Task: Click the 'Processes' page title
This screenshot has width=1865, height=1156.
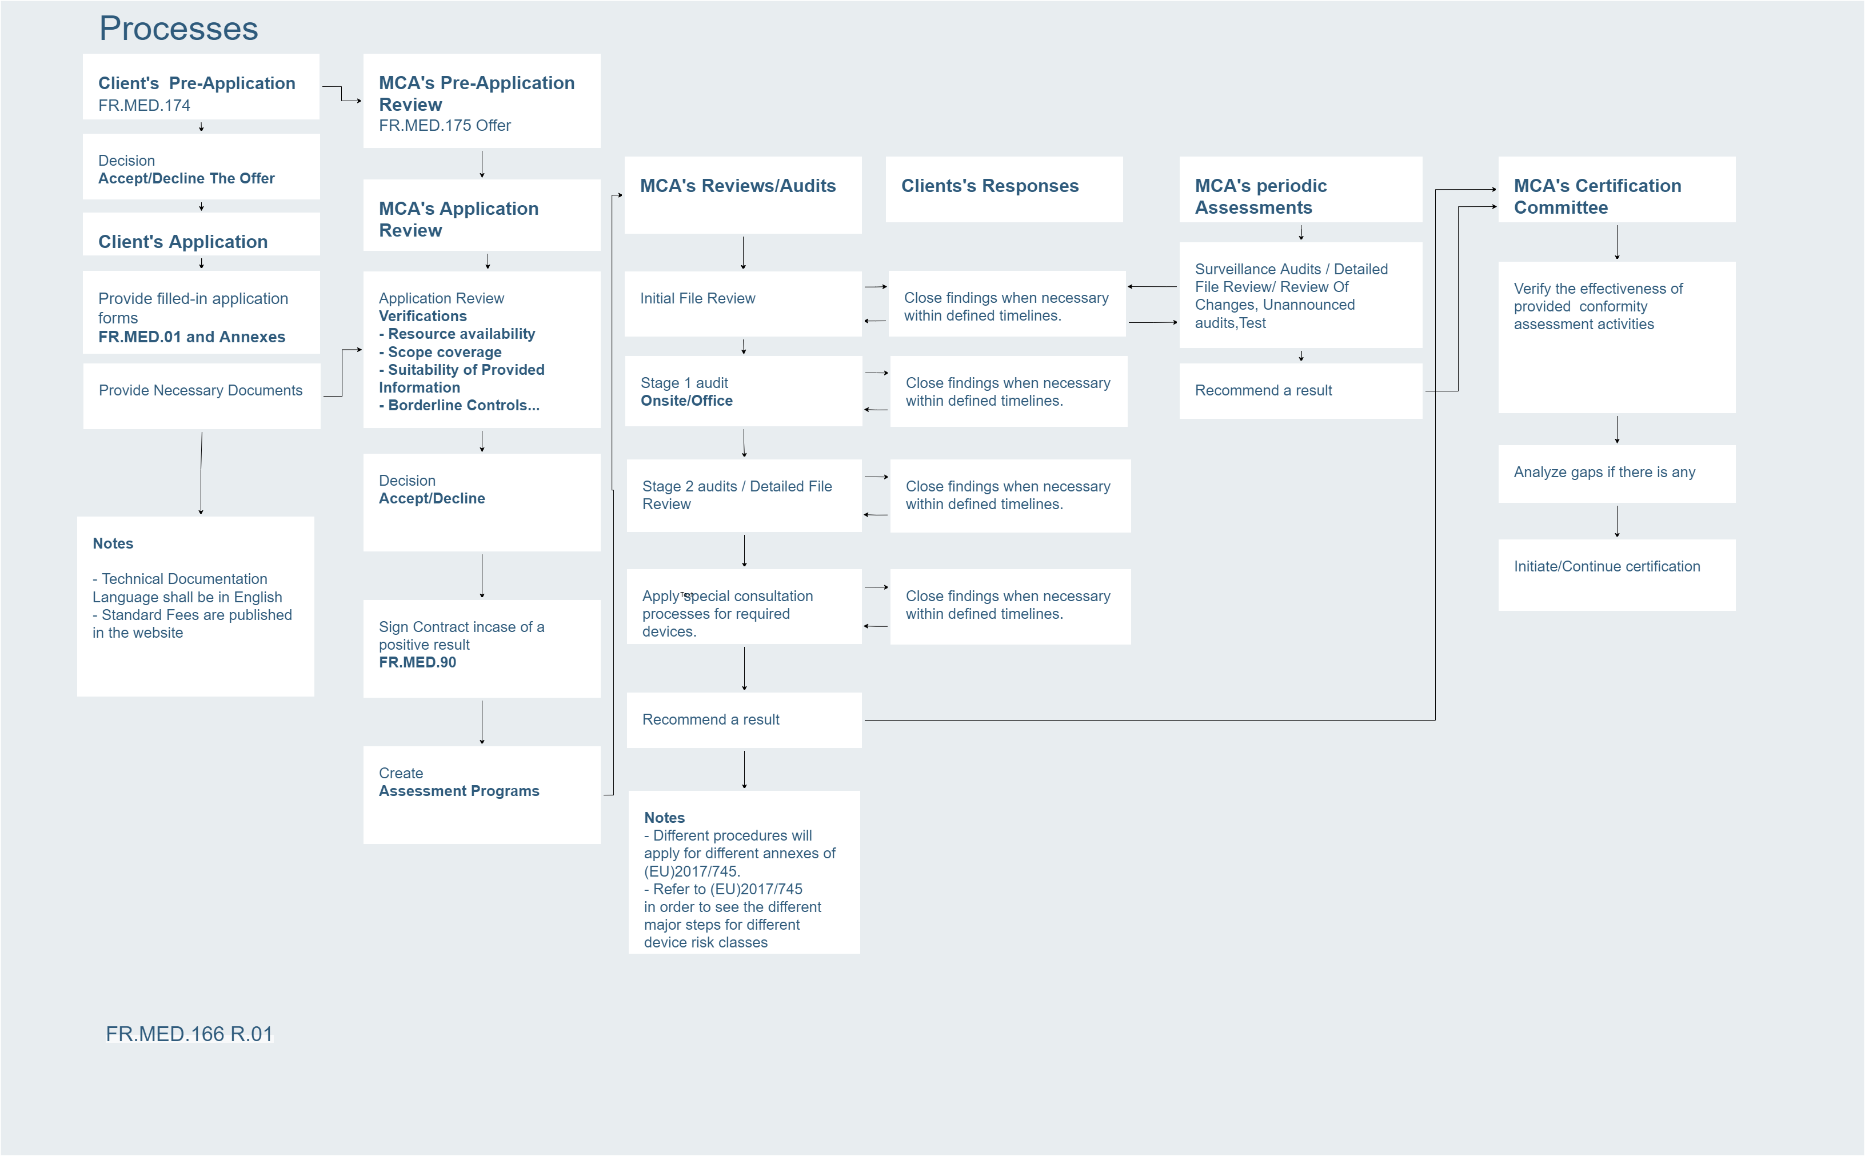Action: pos(178,29)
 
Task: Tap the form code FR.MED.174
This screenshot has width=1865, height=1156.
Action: pos(144,106)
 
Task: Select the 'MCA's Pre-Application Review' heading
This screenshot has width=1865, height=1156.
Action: pos(476,93)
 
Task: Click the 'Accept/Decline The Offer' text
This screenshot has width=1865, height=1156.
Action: pos(186,178)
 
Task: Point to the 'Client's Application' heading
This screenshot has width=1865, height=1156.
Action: pos(183,242)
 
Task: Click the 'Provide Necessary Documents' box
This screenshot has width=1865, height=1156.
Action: pos(201,396)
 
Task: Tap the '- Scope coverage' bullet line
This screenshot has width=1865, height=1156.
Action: pos(441,351)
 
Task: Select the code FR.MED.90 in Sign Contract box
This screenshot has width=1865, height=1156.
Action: pos(417,662)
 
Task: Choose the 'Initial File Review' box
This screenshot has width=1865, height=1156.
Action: pos(742,303)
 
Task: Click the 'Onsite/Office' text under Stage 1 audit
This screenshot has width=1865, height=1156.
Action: pos(686,401)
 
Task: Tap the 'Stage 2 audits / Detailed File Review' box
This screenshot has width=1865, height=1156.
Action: pos(744,495)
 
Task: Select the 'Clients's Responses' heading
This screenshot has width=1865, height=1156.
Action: pos(989,186)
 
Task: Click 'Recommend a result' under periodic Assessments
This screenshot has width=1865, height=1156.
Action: pos(1263,391)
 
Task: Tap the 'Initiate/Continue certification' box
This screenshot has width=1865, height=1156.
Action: pos(1616,575)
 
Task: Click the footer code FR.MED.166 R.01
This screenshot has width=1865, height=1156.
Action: pos(189,1034)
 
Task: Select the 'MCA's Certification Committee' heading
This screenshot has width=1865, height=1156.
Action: pos(1598,197)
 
